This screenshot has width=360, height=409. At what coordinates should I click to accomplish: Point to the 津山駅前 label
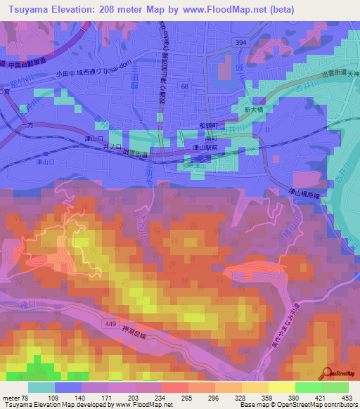[x=204, y=148]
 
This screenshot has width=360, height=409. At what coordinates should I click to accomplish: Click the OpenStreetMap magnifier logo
[x=327, y=372]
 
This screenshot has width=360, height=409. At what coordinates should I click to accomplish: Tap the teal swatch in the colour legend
[x=41, y=387]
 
